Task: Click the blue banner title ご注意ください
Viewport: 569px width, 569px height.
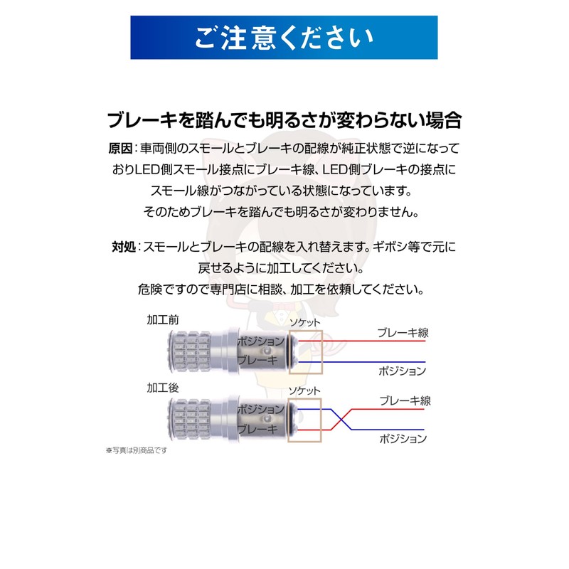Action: pos(284,37)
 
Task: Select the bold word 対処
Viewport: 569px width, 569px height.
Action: pos(123,248)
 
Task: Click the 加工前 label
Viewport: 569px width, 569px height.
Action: pos(163,320)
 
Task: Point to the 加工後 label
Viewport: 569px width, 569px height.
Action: pos(163,388)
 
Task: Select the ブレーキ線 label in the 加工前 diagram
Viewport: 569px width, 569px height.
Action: pos(403,332)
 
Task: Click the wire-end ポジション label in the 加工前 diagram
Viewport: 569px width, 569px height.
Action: pos(403,371)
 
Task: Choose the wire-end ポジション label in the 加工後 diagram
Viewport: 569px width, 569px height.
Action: pos(403,438)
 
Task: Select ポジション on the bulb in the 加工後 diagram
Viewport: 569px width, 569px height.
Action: pos(260,410)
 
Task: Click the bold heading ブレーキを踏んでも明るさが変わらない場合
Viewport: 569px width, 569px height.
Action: pos(284,119)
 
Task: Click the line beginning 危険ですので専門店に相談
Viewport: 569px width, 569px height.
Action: pos(284,290)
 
